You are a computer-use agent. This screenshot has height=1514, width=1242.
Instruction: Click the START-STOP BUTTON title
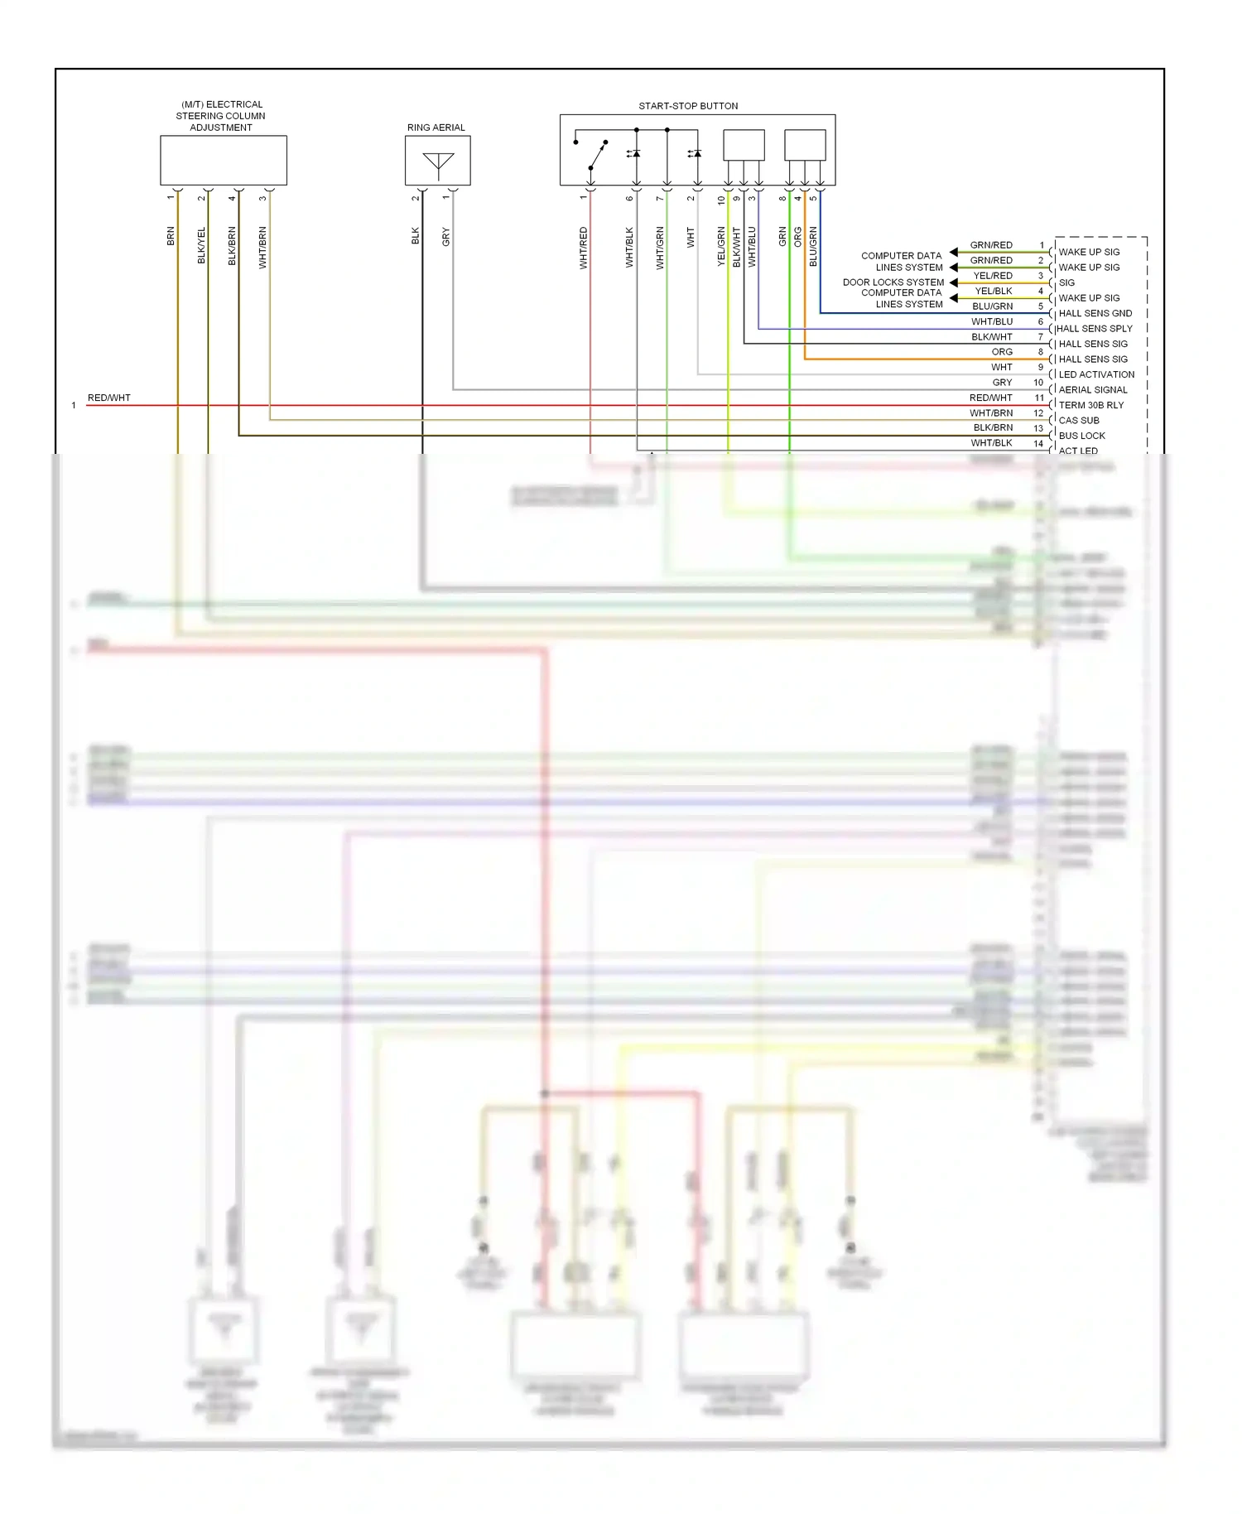688,106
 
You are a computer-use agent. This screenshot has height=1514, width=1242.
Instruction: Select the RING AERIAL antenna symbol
438,163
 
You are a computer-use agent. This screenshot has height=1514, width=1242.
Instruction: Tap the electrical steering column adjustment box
224,161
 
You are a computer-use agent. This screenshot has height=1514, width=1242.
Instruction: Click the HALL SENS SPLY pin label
1095,329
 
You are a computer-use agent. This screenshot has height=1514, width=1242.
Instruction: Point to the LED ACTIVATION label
1096,374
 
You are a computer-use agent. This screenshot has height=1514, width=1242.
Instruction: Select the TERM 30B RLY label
1091,405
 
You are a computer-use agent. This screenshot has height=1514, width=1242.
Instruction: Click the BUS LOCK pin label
1081,436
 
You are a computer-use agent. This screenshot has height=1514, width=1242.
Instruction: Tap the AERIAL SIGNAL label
1093,390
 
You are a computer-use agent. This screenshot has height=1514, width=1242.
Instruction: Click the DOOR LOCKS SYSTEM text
893,282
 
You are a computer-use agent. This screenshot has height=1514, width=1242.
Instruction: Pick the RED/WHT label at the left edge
109,398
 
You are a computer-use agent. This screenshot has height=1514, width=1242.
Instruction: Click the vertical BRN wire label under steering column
171,236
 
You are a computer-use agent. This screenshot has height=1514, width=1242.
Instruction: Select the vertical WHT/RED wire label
584,248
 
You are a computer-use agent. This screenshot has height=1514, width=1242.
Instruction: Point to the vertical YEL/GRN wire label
721,246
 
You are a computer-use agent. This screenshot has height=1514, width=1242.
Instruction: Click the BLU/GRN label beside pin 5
992,306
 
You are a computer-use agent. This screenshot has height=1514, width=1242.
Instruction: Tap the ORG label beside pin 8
1002,352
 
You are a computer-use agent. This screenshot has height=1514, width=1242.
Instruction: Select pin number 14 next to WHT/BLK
1038,444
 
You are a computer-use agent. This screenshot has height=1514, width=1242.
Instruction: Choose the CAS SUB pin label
1079,421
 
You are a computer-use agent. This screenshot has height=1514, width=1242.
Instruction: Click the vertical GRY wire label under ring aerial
446,237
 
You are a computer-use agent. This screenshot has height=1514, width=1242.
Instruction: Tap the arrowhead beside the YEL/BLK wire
954,298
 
